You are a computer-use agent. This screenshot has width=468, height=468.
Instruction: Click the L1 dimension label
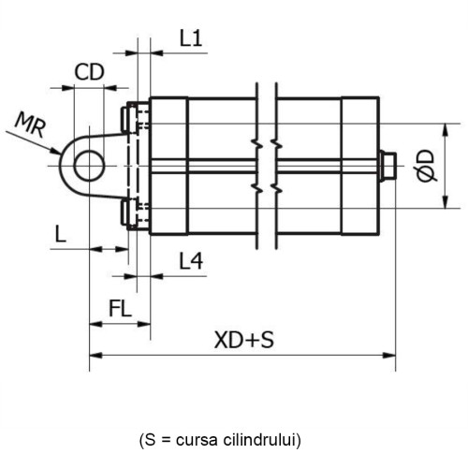point(191,39)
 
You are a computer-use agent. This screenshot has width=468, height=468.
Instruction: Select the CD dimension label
point(89,72)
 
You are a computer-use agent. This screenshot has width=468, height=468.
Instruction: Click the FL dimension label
point(120,307)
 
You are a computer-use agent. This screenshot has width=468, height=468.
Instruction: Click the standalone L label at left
point(60,234)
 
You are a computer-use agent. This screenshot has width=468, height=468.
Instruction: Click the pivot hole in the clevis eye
point(89,166)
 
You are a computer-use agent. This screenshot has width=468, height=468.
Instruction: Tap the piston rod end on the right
point(388,166)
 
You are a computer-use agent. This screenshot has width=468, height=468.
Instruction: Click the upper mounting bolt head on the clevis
point(124,119)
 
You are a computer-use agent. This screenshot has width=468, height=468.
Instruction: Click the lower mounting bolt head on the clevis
point(124,212)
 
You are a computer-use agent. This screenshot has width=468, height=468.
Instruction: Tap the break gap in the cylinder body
point(265,166)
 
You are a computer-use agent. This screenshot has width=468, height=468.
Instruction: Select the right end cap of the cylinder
point(359,166)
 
